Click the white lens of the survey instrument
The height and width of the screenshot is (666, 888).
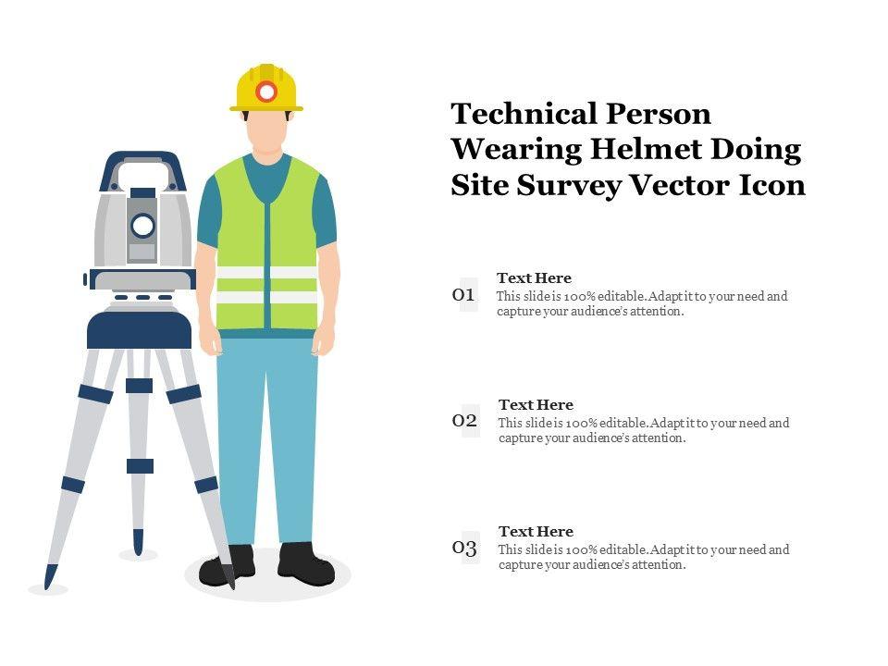click(x=142, y=226)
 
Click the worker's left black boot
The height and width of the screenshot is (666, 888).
click(x=306, y=564)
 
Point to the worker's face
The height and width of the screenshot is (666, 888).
click(x=266, y=131)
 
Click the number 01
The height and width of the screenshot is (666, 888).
click(x=463, y=294)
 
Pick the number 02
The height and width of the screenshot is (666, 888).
click(x=464, y=420)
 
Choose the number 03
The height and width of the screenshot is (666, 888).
click(x=464, y=548)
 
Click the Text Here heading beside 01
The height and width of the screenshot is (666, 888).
click(x=534, y=278)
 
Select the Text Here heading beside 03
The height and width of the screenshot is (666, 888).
click(x=536, y=532)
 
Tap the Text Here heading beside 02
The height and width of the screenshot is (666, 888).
click(x=536, y=405)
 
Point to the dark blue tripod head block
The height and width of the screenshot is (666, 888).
click(x=140, y=329)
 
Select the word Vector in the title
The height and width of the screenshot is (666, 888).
click(x=680, y=185)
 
